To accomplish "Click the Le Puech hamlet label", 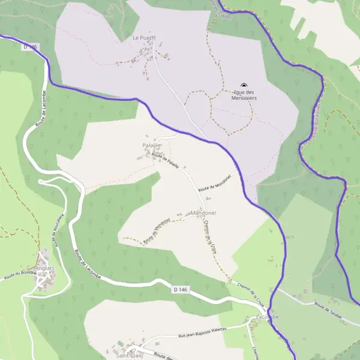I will click(144, 38).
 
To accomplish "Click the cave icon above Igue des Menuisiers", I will click(244, 85).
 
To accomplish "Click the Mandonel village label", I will click(203, 213).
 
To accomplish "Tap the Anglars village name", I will click(46, 268).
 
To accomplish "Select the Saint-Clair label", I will click(129, 355).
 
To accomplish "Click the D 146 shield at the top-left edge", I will click(31, 46).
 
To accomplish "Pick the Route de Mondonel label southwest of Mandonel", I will click(157, 231).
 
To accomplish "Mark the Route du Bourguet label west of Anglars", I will click(20, 276).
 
